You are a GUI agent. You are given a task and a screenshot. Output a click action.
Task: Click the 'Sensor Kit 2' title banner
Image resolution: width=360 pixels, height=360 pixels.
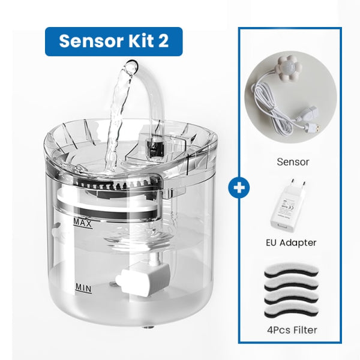(x=113, y=41)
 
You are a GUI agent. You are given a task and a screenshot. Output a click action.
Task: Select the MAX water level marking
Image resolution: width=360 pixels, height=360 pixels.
(x=83, y=223)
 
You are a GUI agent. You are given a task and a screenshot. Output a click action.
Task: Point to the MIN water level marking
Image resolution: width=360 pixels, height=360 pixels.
(x=83, y=287)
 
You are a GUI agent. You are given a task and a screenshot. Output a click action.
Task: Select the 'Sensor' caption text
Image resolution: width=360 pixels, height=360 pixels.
(x=293, y=161)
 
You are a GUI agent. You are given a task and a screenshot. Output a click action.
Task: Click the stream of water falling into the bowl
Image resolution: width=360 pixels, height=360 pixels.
(x=117, y=120)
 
